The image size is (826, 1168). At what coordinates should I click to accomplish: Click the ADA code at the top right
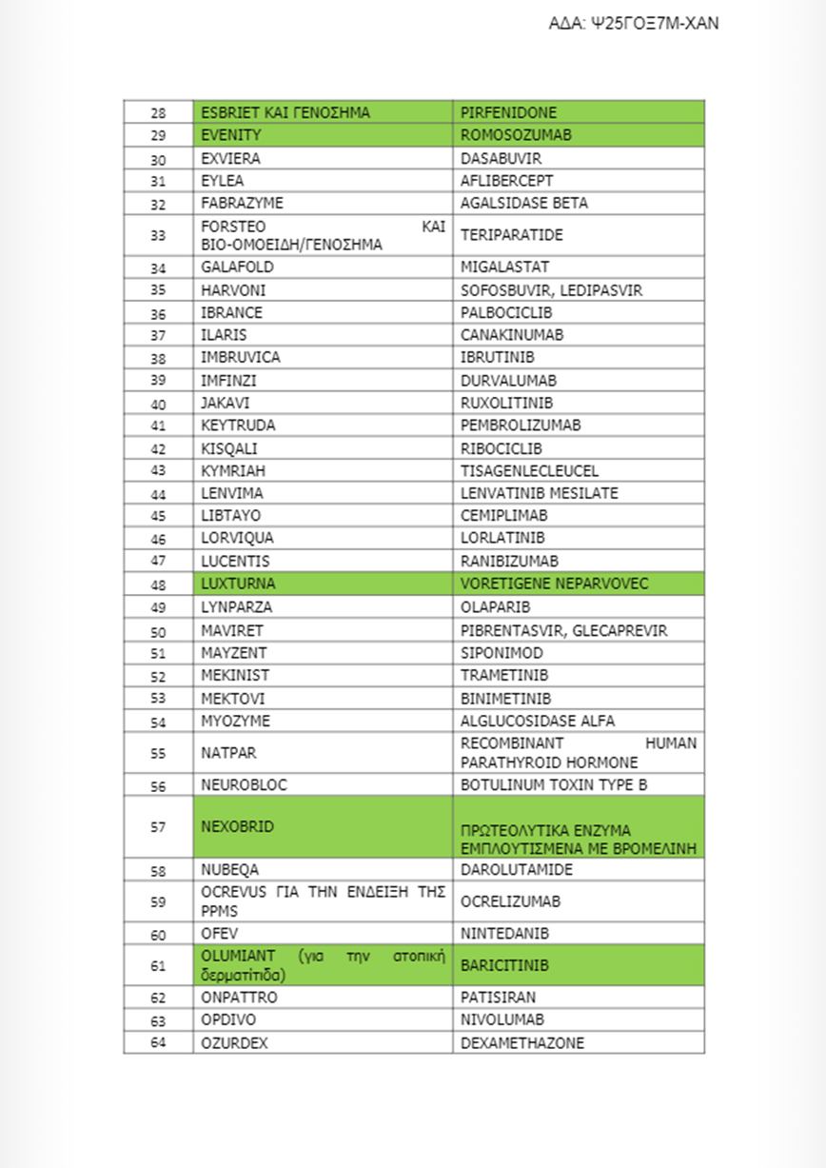(x=634, y=24)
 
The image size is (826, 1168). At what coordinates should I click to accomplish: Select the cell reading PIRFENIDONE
(x=509, y=112)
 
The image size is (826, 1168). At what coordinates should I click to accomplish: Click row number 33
(x=158, y=235)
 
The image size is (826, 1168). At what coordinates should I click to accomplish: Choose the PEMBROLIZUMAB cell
(x=521, y=426)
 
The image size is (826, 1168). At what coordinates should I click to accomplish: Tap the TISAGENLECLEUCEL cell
(x=529, y=471)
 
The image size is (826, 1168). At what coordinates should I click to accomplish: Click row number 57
(x=158, y=827)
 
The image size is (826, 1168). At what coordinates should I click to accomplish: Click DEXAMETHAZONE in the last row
(x=522, y=1042)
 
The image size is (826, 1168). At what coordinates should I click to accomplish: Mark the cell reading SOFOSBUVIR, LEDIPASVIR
(x=538, y=290)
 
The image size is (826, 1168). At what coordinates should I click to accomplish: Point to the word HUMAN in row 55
(x=672, y=743)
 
